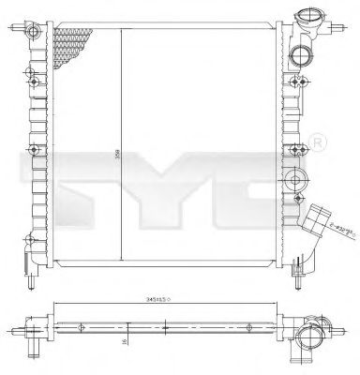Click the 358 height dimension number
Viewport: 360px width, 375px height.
coord(116,148)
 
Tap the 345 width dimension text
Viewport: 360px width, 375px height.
coord(149,300)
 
